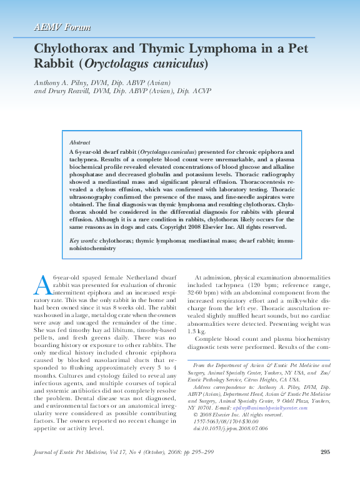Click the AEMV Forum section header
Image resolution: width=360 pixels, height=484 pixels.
coord(62,28)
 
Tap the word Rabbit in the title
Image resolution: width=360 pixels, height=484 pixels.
coord(54,64)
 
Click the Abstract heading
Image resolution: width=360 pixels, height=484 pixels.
coord(79,143)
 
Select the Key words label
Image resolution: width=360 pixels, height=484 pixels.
coord(84,240)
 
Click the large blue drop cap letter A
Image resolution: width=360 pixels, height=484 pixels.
coord(42,285)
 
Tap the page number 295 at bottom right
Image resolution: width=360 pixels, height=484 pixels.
coord(324,452)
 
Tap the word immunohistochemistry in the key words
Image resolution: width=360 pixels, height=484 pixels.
coord(92,248)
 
